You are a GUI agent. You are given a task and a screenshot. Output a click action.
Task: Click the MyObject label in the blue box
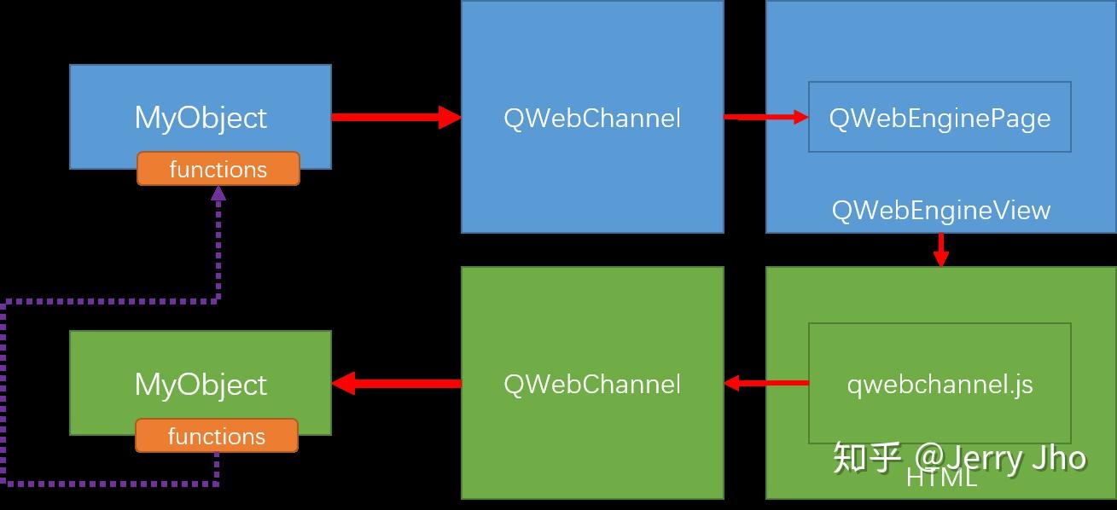point(201,118)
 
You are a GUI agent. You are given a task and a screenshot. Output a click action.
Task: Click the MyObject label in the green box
point(201,385)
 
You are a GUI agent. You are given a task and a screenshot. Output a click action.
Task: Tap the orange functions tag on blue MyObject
point(218,169)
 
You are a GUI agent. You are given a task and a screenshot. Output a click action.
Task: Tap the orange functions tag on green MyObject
point(217,436)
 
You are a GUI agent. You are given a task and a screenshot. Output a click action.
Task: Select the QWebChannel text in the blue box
point(592,118)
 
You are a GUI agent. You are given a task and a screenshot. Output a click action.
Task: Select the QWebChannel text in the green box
point(592,384)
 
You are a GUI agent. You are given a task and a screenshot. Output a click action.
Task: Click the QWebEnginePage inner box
point(940,118)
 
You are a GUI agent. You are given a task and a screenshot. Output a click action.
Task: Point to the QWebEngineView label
point(940,211)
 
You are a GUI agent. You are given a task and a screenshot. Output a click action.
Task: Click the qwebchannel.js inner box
point(940,384)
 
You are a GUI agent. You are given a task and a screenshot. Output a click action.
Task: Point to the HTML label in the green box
point(940,478)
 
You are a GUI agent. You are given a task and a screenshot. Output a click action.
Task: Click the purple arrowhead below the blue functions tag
point(218,194)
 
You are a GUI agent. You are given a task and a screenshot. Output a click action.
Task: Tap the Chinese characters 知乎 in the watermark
point(866,458)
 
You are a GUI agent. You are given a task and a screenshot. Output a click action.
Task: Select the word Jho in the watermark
point(1058,458)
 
